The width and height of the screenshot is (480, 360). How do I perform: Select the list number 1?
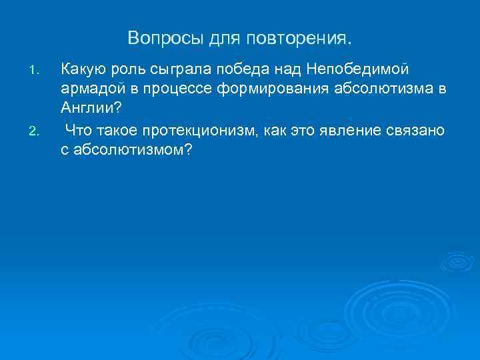pos(37,69)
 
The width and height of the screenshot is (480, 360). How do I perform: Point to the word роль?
pos(128,69)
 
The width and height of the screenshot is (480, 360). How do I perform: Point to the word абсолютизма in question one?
pos(375,90)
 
